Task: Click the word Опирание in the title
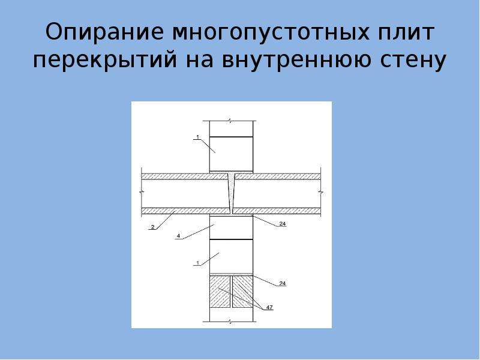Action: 104,32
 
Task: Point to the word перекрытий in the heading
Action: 105,61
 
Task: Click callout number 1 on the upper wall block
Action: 197,137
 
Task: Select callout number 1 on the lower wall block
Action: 197,263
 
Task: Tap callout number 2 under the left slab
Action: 152,227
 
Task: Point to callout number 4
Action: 178,236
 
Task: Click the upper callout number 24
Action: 282,224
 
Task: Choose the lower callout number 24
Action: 282,283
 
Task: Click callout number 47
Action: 269,307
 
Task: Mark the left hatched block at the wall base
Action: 220,292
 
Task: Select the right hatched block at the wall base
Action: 243,292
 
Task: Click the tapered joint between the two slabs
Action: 232,193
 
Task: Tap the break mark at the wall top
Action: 231,121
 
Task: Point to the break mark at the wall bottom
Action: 231,322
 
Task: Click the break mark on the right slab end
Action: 320,193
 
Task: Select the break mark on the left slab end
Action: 142,193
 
